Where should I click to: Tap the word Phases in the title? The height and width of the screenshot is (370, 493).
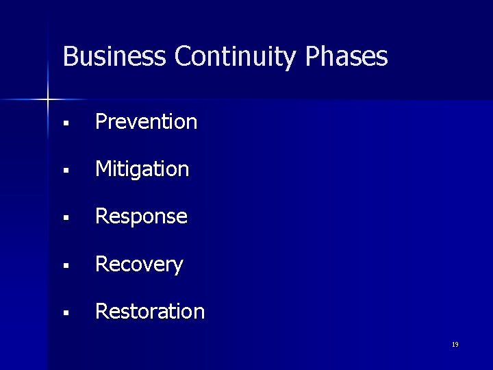pos(346,56)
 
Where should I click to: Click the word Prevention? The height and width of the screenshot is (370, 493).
pos(146,122)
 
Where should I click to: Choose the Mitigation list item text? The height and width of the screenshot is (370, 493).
pos(142,169)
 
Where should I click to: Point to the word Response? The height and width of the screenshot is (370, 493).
pos(141,217)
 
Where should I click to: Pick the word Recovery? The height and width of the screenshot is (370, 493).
pos(139,264)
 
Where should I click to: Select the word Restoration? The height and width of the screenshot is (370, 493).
pos(150,312)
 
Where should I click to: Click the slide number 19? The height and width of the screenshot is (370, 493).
pos(455,345)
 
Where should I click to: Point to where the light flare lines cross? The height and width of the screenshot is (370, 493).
pos(48,100)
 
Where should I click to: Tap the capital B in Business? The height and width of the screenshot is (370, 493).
pos(69,56)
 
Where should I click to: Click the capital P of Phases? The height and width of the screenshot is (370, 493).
pos(312,56)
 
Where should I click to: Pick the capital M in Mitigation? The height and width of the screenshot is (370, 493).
pos(103,169)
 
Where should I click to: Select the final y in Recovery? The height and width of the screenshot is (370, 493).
pos(178,267)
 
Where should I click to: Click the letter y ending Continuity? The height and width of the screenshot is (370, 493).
pos(292,59)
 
